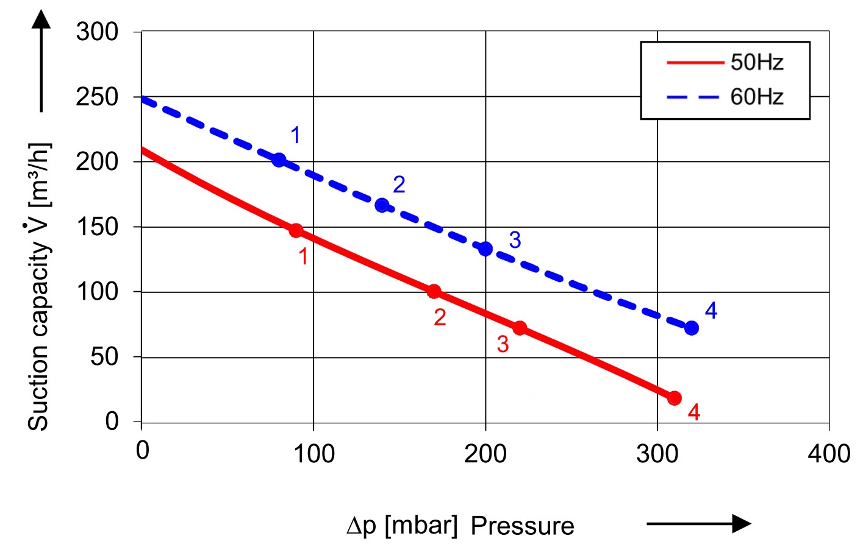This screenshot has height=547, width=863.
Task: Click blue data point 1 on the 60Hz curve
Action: (279, 160)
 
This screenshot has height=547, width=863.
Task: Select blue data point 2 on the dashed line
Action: (382, 205)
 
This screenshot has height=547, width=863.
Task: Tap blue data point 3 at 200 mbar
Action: (485, 249)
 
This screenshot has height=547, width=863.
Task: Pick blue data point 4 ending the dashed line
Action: (692, 328)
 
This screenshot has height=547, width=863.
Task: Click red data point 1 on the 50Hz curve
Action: (296, 230)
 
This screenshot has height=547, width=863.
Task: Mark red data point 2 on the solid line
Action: (434, 291)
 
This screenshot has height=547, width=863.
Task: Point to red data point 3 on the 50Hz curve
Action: (520, 328)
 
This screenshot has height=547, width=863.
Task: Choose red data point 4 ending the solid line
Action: (675, 398)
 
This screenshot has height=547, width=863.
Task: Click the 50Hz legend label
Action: (756, 62)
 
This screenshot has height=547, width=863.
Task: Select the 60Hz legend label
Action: (756, 97)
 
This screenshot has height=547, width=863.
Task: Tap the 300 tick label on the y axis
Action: (97, 32)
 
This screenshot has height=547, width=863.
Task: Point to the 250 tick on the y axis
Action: (97, 97)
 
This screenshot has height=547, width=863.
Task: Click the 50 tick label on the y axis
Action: (104, 356)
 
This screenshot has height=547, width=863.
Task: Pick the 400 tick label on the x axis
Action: (829, 454)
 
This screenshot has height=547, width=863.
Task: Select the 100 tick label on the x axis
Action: (313, 454)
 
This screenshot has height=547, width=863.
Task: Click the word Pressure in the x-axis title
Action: (523, 526)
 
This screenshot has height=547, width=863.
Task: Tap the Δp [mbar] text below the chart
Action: (402, 525)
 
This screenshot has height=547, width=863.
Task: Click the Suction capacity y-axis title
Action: (39, 286)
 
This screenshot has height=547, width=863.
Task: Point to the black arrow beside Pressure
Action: (698, 523)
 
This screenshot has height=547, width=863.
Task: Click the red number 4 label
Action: (694, 412)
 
